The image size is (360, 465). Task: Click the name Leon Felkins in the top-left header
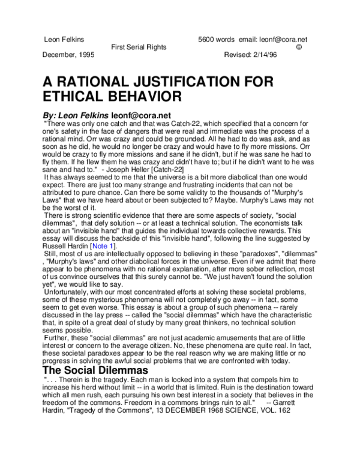tap(64, 40)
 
